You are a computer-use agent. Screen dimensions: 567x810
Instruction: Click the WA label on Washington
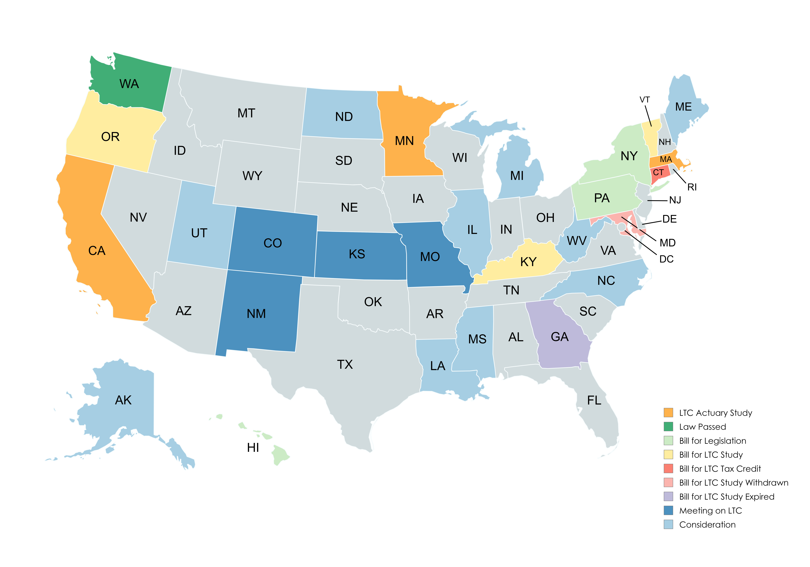click(129, 84)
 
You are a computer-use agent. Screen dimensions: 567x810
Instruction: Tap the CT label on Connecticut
click(658, 173)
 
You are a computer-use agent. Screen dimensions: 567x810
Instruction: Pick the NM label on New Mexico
click(256, 314)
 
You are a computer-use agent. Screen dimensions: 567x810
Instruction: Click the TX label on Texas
click(345, 364)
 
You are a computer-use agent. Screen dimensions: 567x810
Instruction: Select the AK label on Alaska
click(123, 400)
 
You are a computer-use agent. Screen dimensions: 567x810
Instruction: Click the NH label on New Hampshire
click(665, 142)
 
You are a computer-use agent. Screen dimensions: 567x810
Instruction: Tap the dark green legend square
click(668, 427)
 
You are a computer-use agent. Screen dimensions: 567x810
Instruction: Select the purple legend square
click(668, 496)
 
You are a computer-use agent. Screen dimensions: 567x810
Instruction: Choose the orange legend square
click(668, 412)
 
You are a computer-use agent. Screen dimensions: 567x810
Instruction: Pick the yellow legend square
click(668, 454)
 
